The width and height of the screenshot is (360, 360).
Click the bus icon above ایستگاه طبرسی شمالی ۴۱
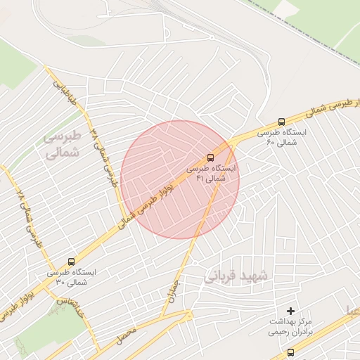click(x=212, y=157)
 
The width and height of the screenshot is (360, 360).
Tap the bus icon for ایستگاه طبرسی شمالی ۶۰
click(x=282, y=121)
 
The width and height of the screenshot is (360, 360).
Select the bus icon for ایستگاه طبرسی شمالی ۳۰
click(x=70, y=259)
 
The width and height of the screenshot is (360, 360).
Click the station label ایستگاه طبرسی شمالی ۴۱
click(x=212, y=174)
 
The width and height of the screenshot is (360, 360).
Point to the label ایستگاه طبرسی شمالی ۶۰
click(x=281, y=137)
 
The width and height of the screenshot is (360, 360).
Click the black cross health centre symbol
click(x=291, y=311)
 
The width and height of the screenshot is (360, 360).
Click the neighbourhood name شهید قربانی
click(x=236, y=276)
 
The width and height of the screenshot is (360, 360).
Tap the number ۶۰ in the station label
click(x=271, y=143)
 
